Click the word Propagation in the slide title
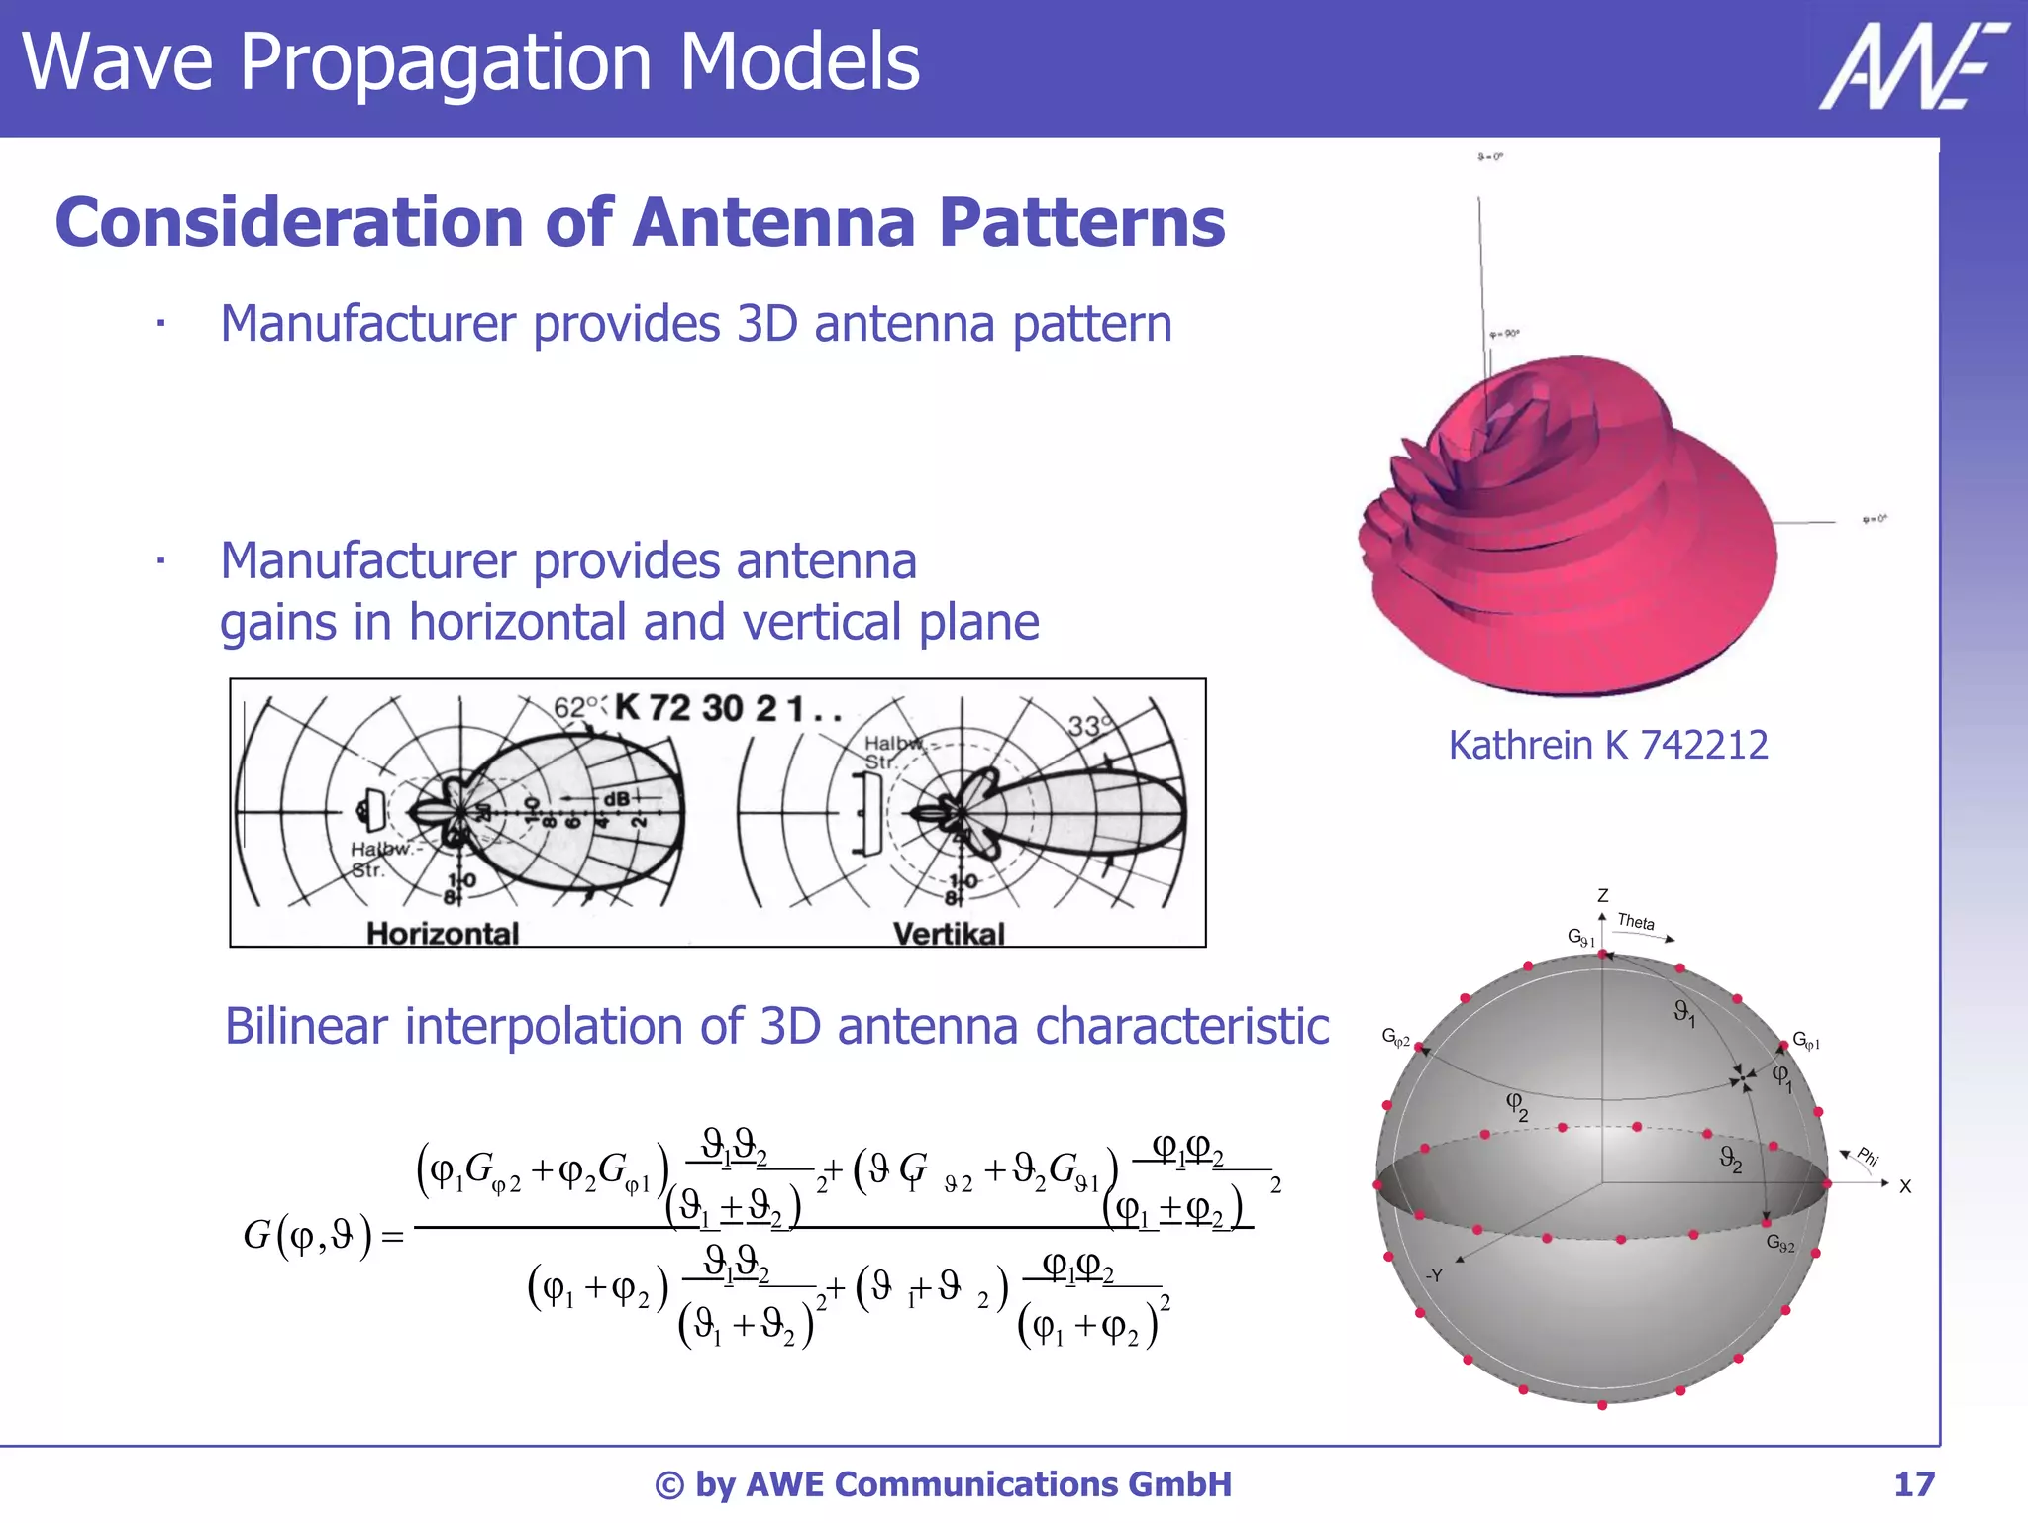(x=445, y=62)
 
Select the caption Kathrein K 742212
(x=1607, y=745)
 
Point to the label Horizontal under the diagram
(x=442, y=933)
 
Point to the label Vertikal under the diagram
(x=948, y=933)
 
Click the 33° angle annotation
(x=1088, y=726)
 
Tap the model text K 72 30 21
(x=709, y=708)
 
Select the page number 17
(x=1913, y=1484)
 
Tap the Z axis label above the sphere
(x=1602, y=895)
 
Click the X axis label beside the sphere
(x=1904, y=1186)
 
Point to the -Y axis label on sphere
(x=1433, y=1275)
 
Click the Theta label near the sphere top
(x=1636, y=921)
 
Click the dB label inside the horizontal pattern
(x=615, y=799)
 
